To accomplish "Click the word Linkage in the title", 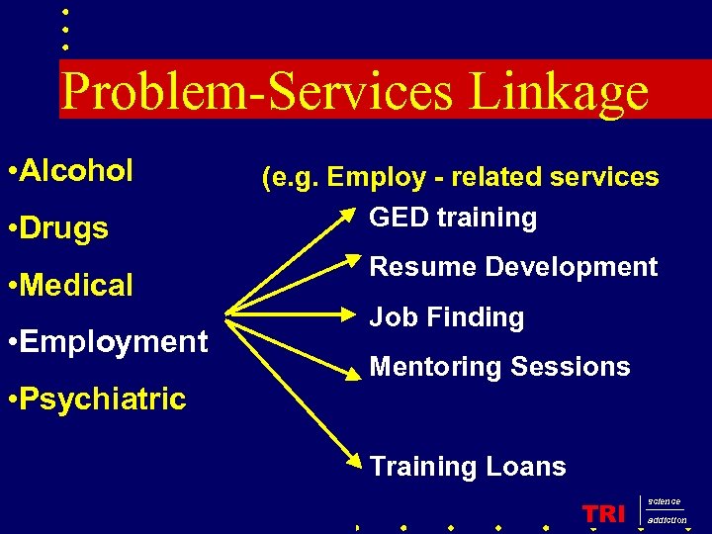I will tap(559, 92).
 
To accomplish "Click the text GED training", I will tap(453, 218).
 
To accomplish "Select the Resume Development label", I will tap(513, 267).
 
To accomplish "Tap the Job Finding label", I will tap(447, 317).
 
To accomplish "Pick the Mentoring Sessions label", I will tap(499, 367).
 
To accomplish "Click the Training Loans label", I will tap(468, 467).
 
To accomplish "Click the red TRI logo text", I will tap(604, 513).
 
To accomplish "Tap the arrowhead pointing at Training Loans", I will tap(353, 460).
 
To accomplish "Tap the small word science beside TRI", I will tap(664, 502).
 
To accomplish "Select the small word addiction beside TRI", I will tap(667, 520).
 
